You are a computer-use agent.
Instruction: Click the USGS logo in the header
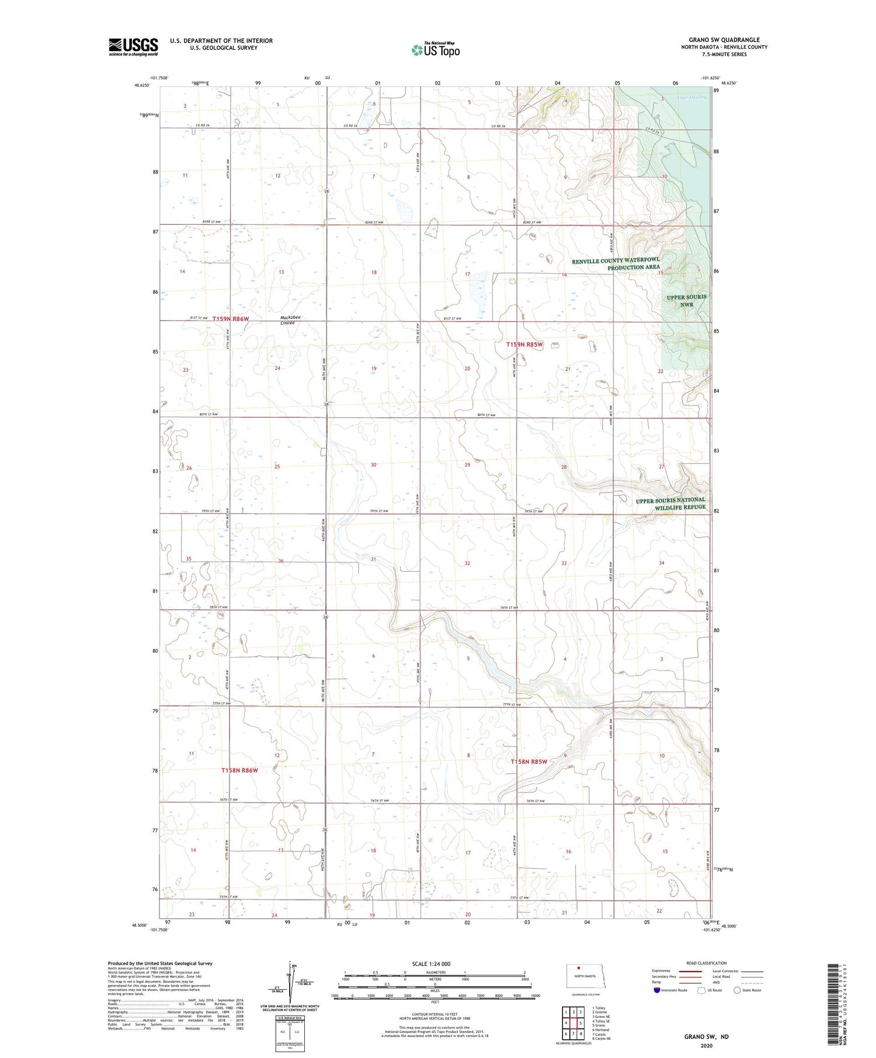[133, 47]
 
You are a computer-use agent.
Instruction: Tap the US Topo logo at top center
[436, 50]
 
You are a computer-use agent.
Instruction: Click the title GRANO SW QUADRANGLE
[724, 40]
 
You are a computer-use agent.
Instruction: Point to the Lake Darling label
[691, 97]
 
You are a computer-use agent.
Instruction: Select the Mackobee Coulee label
[290, 320]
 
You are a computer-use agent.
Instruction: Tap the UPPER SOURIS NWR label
[686, 301]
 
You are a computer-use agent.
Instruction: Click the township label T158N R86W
[239, 770]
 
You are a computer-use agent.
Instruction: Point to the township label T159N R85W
[524, 344]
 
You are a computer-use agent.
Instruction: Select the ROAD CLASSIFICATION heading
[707, 963]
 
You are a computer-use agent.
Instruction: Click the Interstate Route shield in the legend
[657, 990]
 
